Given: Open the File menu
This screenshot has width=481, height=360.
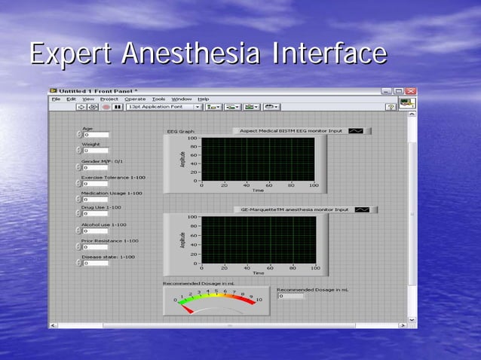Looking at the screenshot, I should (x=56, y=99).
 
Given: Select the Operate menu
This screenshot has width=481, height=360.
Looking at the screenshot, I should (x=135, y=99).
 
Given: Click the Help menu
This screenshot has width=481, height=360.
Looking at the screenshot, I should (x=203, y=99).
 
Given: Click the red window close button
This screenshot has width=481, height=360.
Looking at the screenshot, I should (x=410, y=90).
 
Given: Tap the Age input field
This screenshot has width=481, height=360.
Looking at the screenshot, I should (x=97, y=135).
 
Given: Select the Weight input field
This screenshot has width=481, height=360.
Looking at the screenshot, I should (x=97, y=151).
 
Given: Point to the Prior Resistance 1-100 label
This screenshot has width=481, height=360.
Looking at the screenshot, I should (x=109, y=240).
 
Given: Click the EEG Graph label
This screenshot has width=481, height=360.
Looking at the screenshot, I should (x=180, y=131).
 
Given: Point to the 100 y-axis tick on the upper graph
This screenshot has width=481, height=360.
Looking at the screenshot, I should (x=192, y=139).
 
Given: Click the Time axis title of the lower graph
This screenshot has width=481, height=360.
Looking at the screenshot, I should (x=258, y=273).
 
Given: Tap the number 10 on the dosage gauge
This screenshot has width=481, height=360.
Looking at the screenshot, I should (x=259, y=300).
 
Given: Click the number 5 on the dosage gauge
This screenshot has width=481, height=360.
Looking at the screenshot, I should (x=216, y=290).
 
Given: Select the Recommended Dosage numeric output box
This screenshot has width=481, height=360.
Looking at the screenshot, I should (x=293, y=296).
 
